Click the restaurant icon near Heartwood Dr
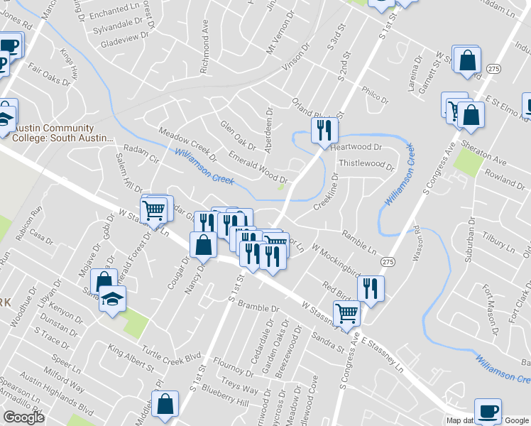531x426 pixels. pyautogui.click(x=324, y=130)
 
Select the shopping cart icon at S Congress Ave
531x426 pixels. pyautogui.click(x=346, y=312)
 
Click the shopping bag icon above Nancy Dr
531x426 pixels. pyautogui.click(x=204, y=244)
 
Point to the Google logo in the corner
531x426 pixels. pyautogui.click(x=23, y=417)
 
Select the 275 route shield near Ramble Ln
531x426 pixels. pyautogui.click(x=387, y=262)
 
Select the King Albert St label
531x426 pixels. pyautogui.click(x=131, y=358)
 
